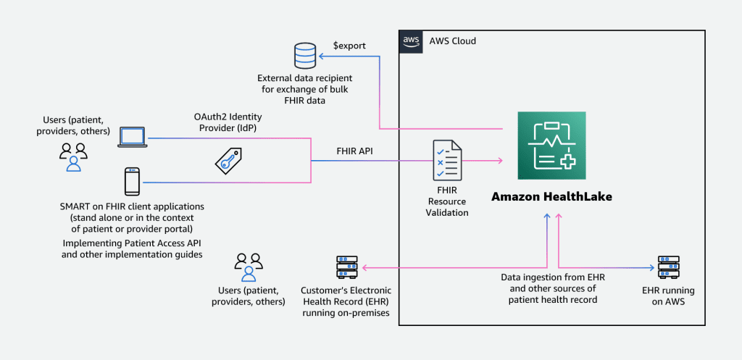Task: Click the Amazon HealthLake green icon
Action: tap(551, 146)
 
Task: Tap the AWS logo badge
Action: tap(411, 41)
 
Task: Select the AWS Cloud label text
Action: tap(453, 41)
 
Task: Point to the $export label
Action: tap(349, 46)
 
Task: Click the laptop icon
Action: tap(132, 138)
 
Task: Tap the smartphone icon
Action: tap(132, 181)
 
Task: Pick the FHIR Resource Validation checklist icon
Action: tap(446, 160)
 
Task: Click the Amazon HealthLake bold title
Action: tap(551, 196)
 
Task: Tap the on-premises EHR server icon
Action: tap(346, 268)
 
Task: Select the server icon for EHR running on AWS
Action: tap(667, 268)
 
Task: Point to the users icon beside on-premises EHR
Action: tap(248, 267)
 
